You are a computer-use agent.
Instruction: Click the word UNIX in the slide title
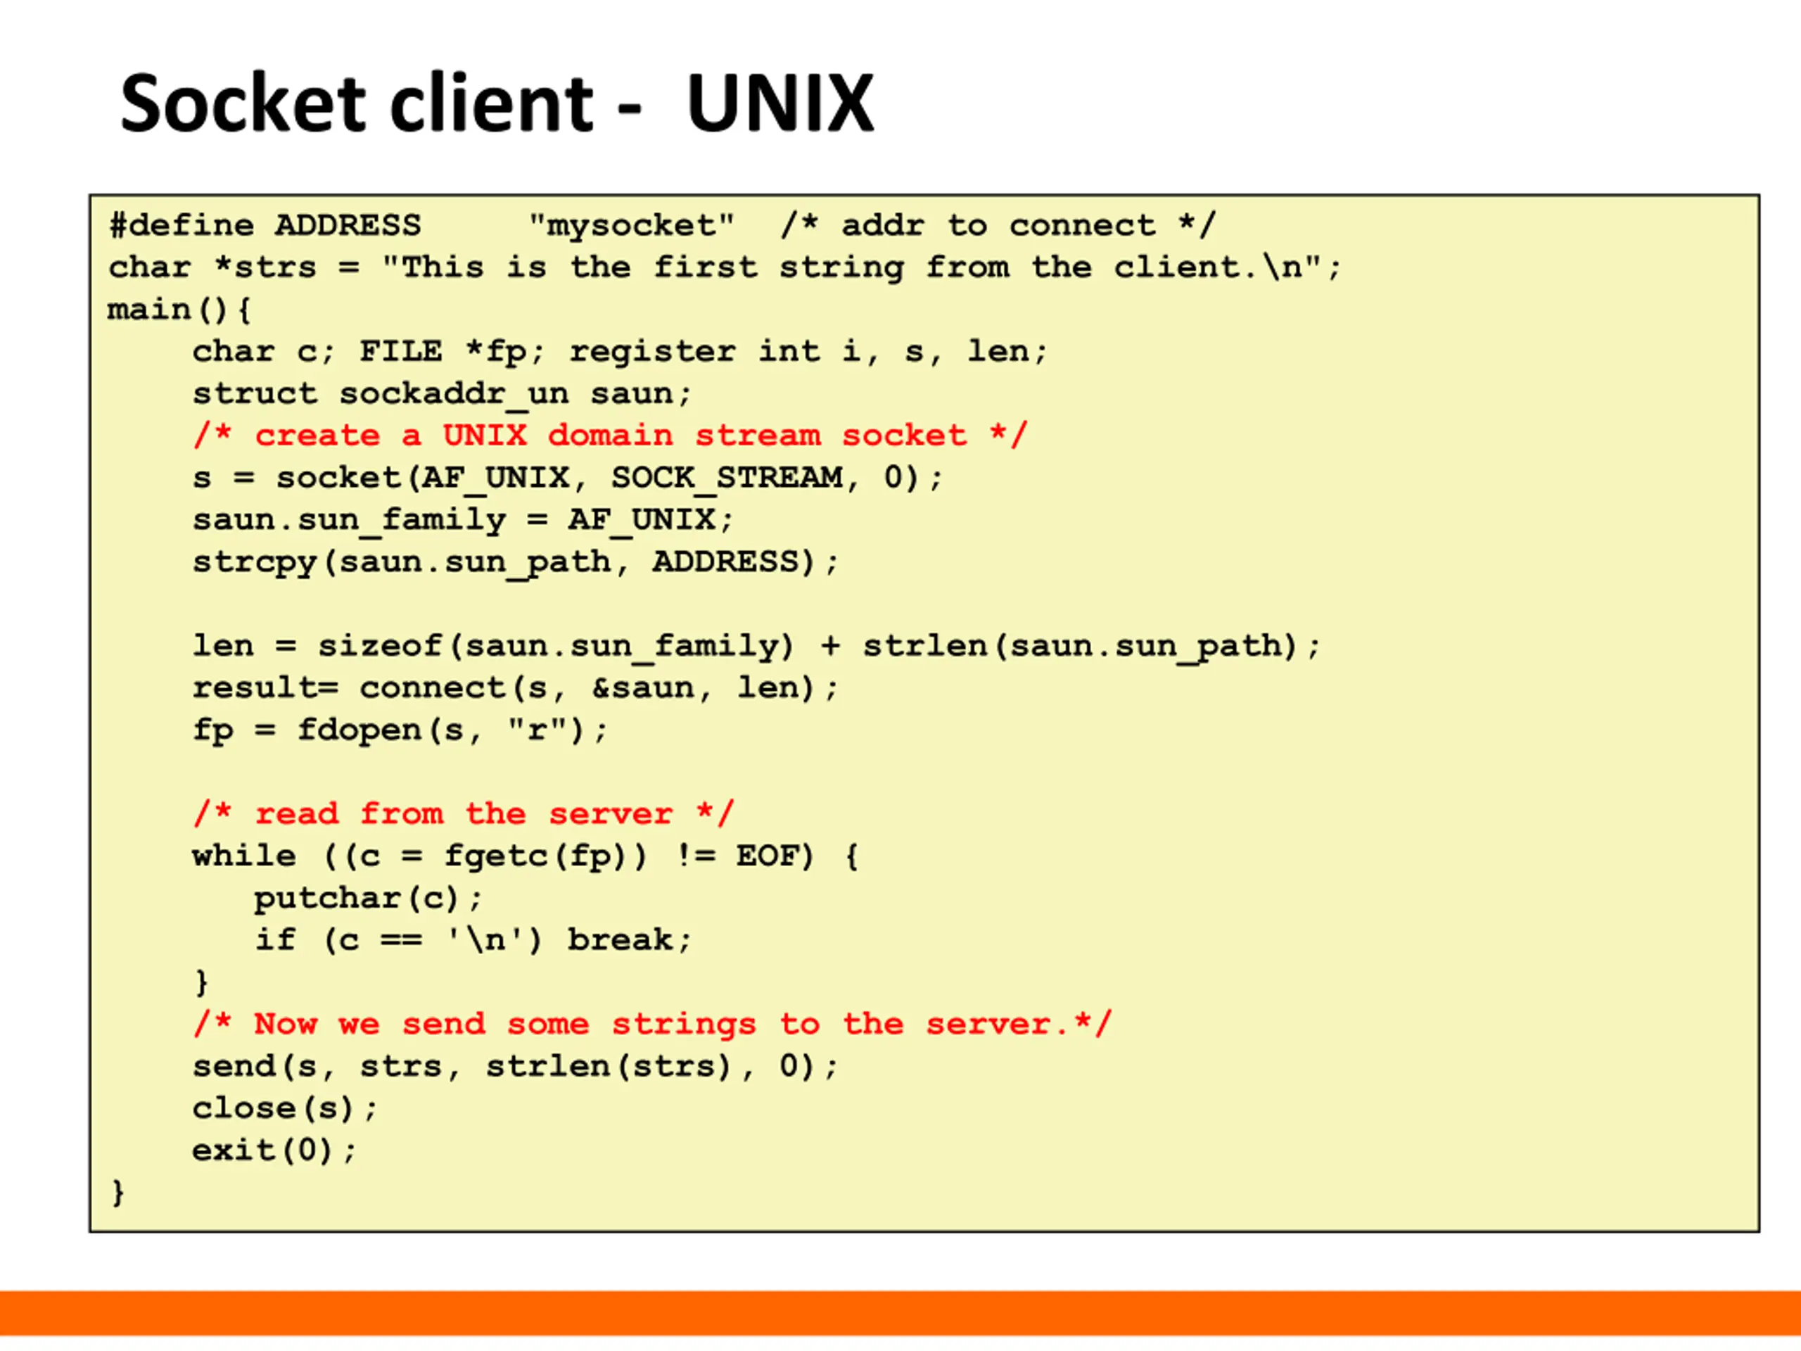point(779,103)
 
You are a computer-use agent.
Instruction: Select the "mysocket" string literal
point(631,226)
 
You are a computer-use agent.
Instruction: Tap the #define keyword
point(182,226)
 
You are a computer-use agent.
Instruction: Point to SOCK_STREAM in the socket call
point(726,478)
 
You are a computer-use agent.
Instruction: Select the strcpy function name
point(254,562)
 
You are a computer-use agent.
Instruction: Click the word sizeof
point(379,646)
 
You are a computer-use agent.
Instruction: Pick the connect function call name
point(433,688)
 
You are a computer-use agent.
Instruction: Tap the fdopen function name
point(358,730)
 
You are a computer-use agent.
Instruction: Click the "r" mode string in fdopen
point(537,730)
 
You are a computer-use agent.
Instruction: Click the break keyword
point(621,940)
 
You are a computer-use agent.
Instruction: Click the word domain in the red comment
point(611,436)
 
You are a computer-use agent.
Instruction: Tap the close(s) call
point(275,1108)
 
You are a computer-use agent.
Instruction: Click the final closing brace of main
point(118,1192)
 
